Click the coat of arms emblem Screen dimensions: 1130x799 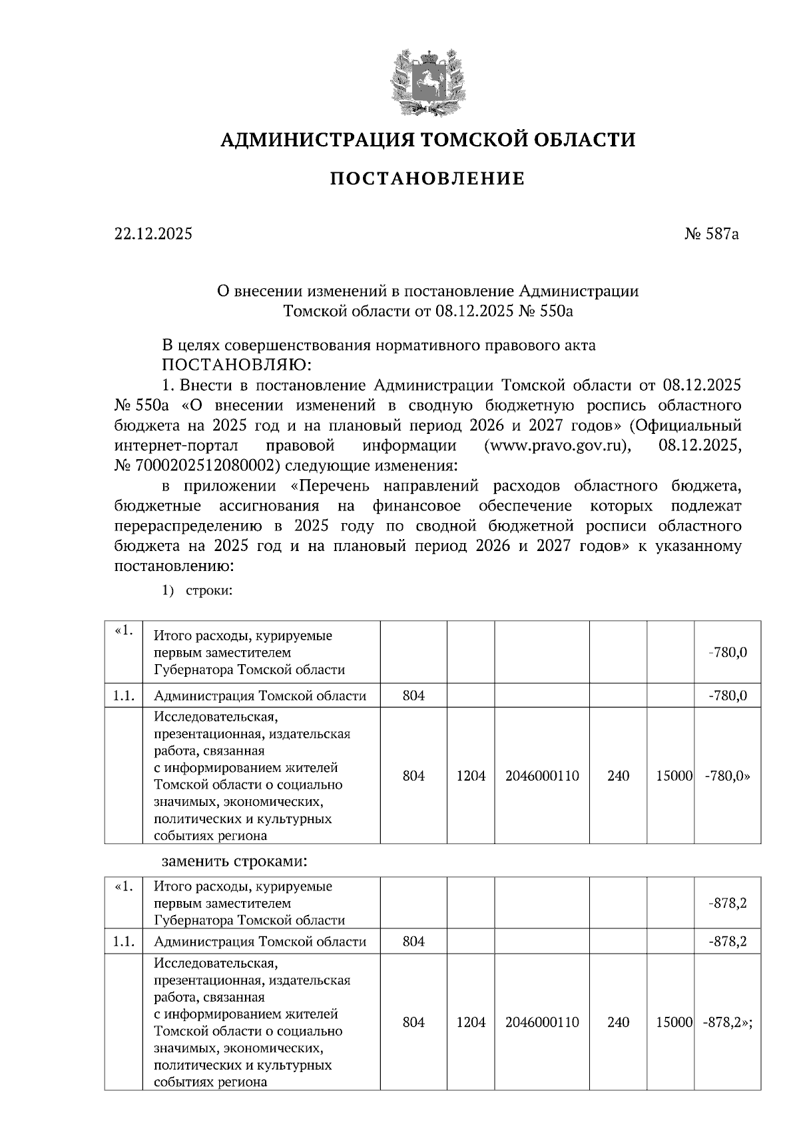428,79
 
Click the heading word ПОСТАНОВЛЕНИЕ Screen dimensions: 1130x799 428,178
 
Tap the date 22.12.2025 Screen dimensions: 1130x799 153,234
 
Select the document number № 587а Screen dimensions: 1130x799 711,234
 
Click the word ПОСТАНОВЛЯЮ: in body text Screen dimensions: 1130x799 236,365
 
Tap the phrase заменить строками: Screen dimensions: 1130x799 234,861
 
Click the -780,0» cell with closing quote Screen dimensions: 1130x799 726,776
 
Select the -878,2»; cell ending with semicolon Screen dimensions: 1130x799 727,1022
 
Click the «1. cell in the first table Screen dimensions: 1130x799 124,632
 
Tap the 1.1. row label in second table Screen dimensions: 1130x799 124,942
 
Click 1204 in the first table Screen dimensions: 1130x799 471,776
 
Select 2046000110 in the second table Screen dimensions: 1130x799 542,1022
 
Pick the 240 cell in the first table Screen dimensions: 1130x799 618,776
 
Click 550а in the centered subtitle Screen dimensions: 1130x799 555,311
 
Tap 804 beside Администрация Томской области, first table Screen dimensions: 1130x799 413,696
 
